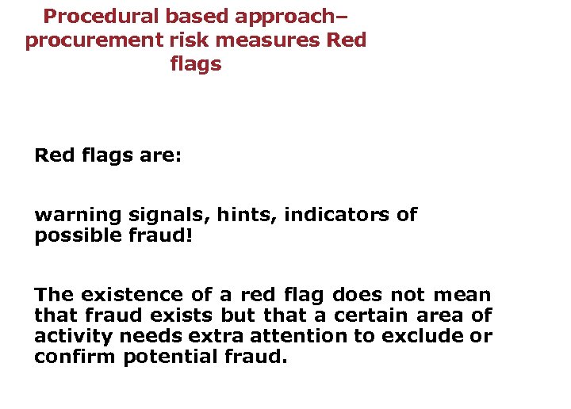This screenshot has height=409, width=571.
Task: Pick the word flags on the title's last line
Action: click(195, 65)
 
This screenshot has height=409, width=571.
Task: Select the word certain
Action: click(369, 316)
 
